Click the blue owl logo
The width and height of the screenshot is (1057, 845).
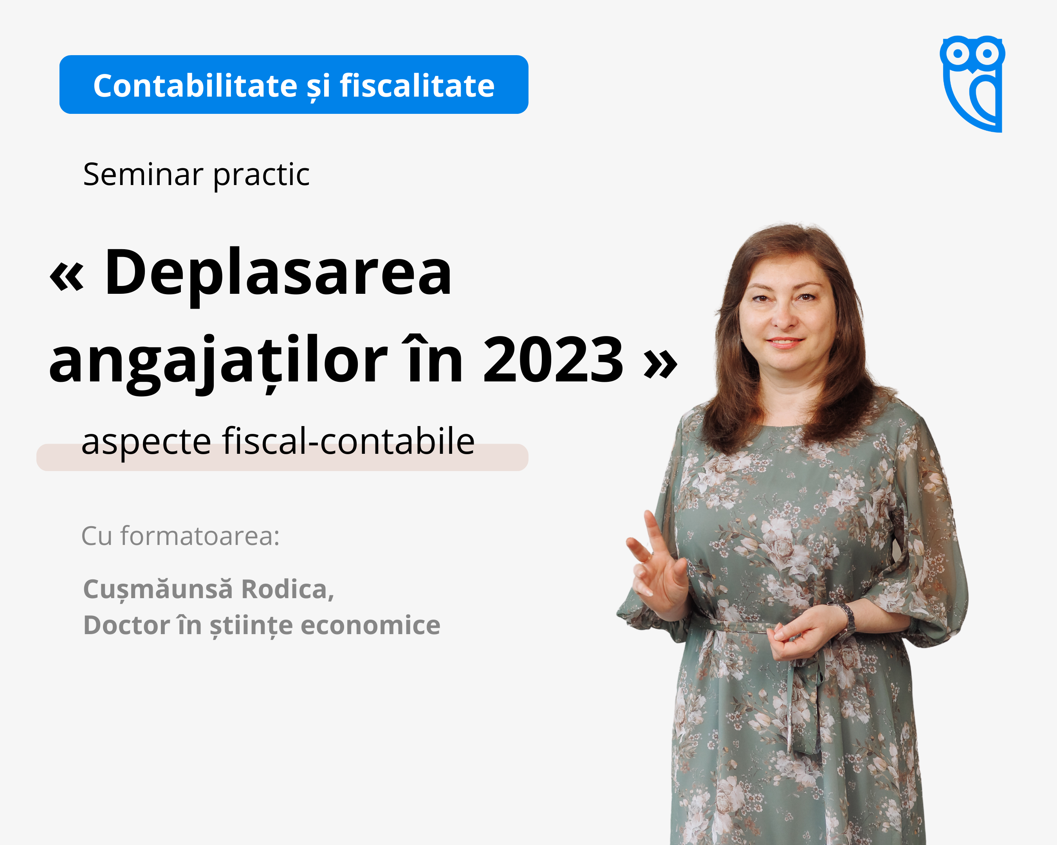coord(972,83)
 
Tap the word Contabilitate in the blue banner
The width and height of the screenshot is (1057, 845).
coord(195,86)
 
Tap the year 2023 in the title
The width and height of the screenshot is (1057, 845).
coord(553,360)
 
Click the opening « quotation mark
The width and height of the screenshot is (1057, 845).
coord(67,277)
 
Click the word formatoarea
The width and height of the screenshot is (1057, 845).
coord(200,536)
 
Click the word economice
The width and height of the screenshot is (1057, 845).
coord(371,626)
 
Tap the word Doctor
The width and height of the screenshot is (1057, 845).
coord(127,625)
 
